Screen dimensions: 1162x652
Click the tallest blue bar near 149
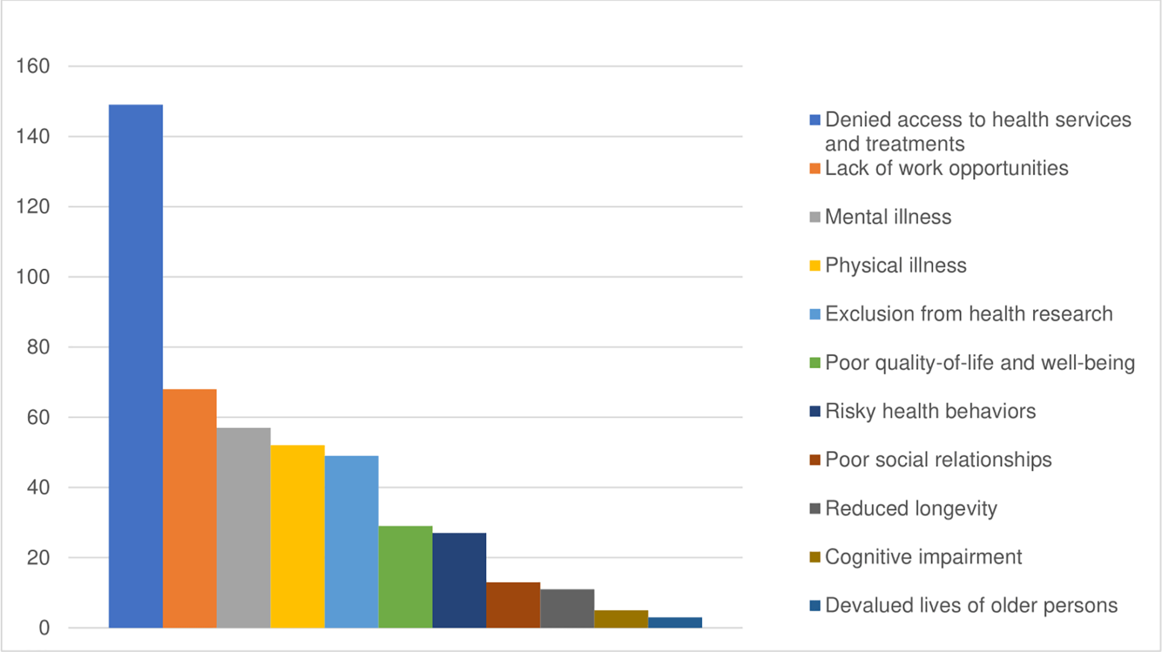coord(136,366)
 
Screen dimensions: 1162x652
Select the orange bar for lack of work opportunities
coord(190,508)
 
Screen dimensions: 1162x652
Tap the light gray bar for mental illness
coord(243,528)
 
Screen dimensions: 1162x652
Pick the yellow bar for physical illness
coord(297,536)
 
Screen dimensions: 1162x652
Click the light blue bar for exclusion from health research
coord(351,542)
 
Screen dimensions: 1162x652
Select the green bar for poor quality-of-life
coord(405,577)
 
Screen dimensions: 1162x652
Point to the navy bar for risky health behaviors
coord(459,580)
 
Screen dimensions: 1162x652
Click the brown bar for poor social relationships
coord(513,605)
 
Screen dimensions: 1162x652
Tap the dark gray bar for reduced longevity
coord(567,608)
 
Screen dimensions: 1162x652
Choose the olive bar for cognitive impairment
coord(621,619)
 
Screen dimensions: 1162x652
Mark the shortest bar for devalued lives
coord(675,622)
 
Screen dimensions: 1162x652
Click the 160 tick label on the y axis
coord(33,66)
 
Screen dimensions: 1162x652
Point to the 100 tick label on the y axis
coord(33,277)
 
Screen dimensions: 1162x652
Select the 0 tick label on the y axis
coord(44,628)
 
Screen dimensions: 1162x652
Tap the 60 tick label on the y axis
coord(38,418)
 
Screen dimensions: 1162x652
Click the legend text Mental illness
coord(888,217)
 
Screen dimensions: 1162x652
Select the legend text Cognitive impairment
coord(923,557)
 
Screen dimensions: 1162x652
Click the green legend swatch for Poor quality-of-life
coord(815,363)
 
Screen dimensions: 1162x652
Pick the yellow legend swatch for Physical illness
coord(815,266)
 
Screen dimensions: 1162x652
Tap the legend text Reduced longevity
coord(911,508)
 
